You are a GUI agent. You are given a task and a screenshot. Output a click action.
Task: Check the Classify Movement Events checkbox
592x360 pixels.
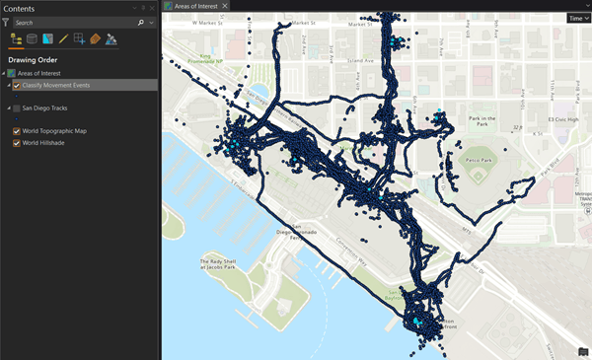[17, 86]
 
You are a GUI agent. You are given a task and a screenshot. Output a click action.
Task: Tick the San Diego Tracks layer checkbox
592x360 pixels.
[17, 108]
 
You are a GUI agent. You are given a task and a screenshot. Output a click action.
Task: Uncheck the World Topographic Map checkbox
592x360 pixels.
[17, 131]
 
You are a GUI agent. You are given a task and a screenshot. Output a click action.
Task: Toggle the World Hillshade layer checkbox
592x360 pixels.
[17, 143]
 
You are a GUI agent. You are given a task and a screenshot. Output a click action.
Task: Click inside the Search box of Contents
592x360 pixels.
[74, 22]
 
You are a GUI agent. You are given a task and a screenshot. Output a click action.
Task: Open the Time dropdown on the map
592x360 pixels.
[577, 18]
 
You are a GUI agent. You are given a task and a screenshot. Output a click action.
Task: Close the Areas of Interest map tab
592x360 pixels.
[225, 6]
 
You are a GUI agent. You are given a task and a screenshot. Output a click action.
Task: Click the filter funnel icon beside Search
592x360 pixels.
[6, 22]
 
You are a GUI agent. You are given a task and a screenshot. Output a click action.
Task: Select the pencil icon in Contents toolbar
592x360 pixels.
[63, 39]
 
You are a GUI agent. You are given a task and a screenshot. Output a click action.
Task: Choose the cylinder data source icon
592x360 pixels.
[32, 39]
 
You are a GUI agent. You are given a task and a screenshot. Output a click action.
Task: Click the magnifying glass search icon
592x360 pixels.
[141, 22]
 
